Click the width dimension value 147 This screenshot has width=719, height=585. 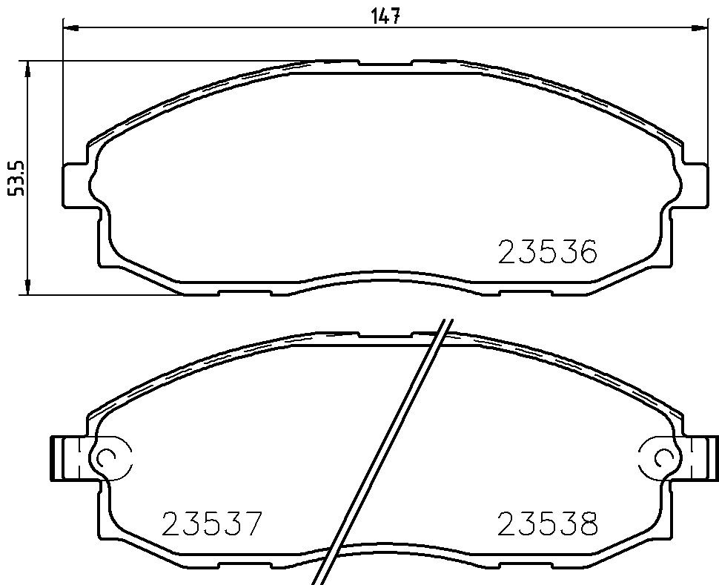(x=385, y=16)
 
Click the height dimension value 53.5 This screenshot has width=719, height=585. (x=16, y=179)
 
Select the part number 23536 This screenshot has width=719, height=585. (x=548, y=252)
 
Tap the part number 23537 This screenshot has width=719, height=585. (x=212, y=523)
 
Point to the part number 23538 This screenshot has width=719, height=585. (x=548, y=523)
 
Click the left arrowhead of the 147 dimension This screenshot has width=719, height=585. (x=70, y=27)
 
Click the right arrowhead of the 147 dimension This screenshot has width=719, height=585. (x=700, y=27)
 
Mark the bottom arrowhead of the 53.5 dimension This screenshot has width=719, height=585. (x=28, y=286)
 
